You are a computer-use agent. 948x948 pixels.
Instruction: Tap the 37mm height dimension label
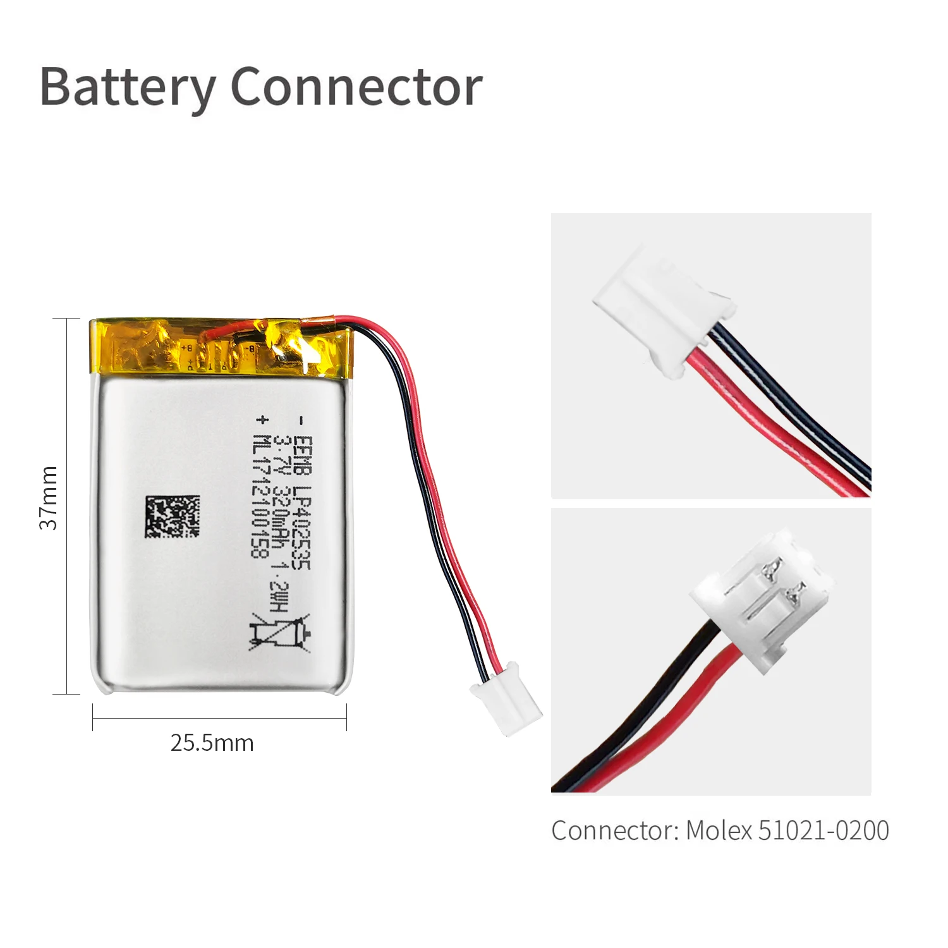point(49,498)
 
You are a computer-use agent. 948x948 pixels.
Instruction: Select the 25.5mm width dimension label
point(212,743)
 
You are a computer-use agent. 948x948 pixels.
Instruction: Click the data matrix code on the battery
point(172,517)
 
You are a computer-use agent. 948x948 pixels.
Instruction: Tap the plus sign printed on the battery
point(260,419)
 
